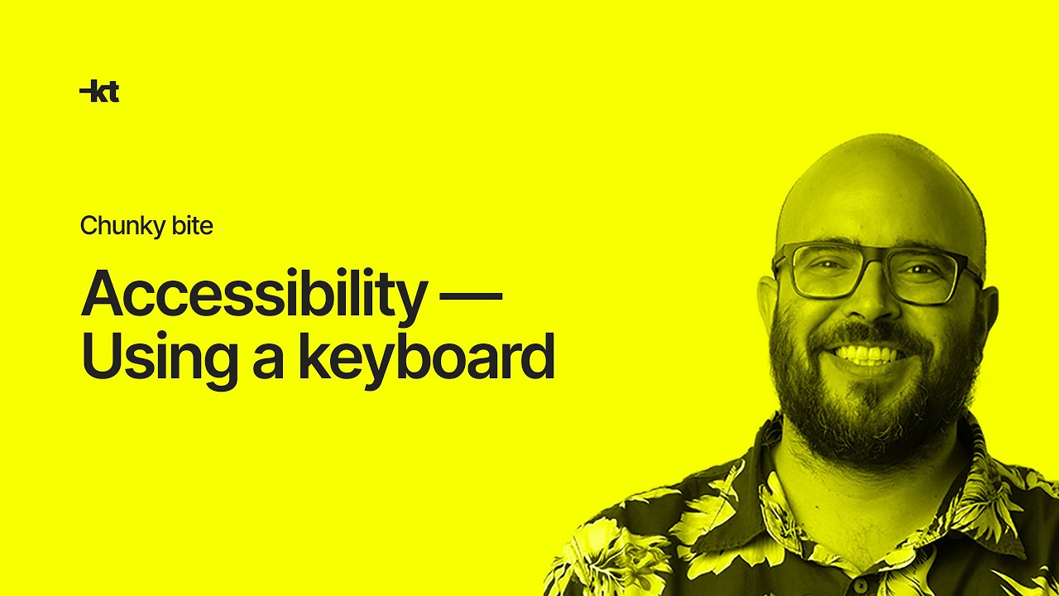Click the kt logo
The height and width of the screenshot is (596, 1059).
tap(99, 92)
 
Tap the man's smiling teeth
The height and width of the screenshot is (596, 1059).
tap(867, 355)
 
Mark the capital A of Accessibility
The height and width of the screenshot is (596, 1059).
tap(103, 293)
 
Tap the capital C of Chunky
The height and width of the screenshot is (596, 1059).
tap(89, 225)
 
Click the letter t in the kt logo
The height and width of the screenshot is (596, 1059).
tap(112, 93)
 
